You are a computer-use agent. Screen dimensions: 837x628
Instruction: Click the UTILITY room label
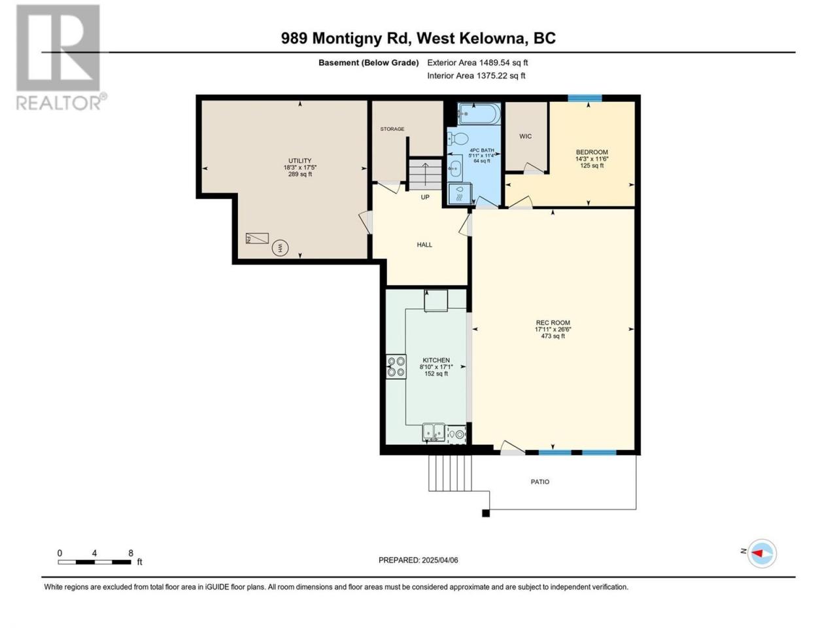coord(299,160)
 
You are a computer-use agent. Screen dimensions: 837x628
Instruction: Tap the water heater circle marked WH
coord(280,248)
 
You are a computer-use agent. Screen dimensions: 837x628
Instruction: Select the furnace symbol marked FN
coord(257,238)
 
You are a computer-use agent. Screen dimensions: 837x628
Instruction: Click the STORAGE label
coord(392,129)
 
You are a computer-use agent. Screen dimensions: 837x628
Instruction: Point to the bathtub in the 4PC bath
coord(479,114)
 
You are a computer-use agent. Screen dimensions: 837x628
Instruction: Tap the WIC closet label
coord(525,136)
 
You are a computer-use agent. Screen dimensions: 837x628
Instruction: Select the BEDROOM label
coord(592,152)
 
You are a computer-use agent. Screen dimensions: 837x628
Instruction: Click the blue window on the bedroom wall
coord(585,98)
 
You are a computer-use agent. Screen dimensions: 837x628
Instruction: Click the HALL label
coord(424,245)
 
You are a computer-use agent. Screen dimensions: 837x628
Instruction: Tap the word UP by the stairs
coord(425,197)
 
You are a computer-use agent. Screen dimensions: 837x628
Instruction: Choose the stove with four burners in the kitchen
coord(396,366)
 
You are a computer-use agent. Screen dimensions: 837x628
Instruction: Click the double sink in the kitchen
coord(434,432)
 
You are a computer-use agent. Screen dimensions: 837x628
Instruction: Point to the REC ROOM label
coord(553,323)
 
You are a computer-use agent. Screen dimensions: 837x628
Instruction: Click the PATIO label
coord(540,482)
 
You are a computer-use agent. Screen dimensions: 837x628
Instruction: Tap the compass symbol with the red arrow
coord(762,553)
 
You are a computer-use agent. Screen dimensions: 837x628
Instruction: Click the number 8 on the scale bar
coord(131,553)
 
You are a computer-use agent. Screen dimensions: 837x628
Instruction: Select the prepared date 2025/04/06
coord(439,560)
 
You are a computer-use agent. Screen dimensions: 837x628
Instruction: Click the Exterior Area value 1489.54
coord(494,63)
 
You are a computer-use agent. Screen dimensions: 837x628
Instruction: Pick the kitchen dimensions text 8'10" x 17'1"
coord(436,367)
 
